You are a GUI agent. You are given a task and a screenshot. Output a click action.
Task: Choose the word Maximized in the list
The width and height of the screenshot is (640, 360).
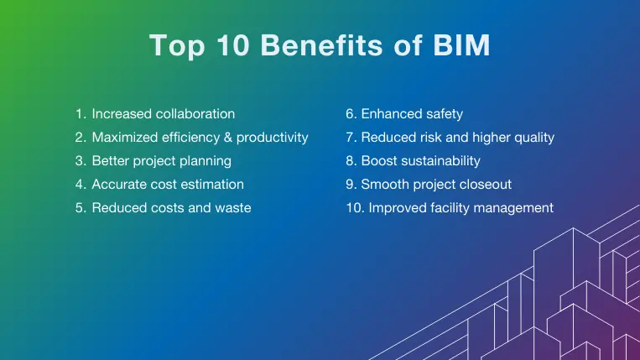(122, 137)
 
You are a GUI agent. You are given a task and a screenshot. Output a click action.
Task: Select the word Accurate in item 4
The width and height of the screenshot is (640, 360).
(118, 184)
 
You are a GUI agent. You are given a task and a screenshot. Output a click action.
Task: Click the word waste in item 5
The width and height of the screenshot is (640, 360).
(232, 207)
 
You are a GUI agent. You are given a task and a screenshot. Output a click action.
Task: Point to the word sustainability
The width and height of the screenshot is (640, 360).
(441, 160)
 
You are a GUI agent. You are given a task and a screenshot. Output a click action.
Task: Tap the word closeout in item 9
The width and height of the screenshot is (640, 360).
(481, 184)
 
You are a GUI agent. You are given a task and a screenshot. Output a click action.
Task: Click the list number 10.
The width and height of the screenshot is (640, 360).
(353, 207)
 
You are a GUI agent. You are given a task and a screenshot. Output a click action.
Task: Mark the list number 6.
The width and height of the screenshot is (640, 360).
(351, 113)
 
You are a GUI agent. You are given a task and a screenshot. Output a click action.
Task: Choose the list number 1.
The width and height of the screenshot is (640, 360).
(80, 113)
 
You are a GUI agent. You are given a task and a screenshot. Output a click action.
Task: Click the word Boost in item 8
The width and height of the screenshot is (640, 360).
(379, 160)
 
